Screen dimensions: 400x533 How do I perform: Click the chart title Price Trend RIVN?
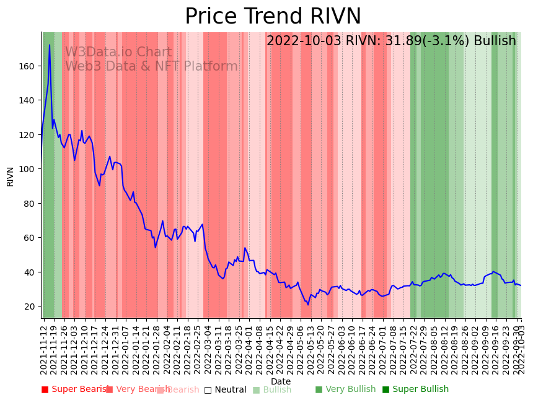(x=273, y=17)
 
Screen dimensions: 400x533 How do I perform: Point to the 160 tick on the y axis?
(x=29, y=66)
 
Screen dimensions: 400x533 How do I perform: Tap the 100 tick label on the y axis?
(x=29, y=169)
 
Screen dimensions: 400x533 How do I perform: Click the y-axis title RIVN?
(x=11, y=176)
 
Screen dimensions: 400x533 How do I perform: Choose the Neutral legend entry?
(x=226, y=390)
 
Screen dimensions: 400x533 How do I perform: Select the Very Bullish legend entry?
(x=345, y=389)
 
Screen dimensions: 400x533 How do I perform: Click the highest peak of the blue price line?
(x=50, y=45)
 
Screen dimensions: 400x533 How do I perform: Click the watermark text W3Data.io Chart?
(x=118, y=53)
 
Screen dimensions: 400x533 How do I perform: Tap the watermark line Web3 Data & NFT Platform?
(x=151, y=66)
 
